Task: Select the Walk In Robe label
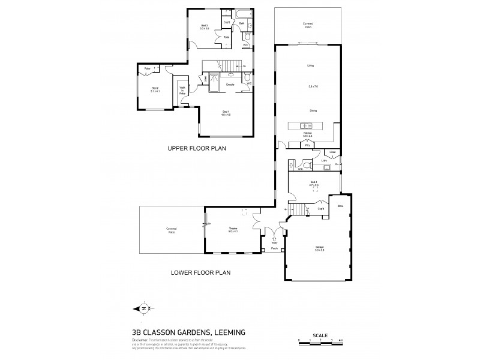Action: [182, 91]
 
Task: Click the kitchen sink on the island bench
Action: [304, 125]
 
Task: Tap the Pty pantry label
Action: [307, 145]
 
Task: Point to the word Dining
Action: [313, 111]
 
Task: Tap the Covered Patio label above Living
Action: [307, 25]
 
